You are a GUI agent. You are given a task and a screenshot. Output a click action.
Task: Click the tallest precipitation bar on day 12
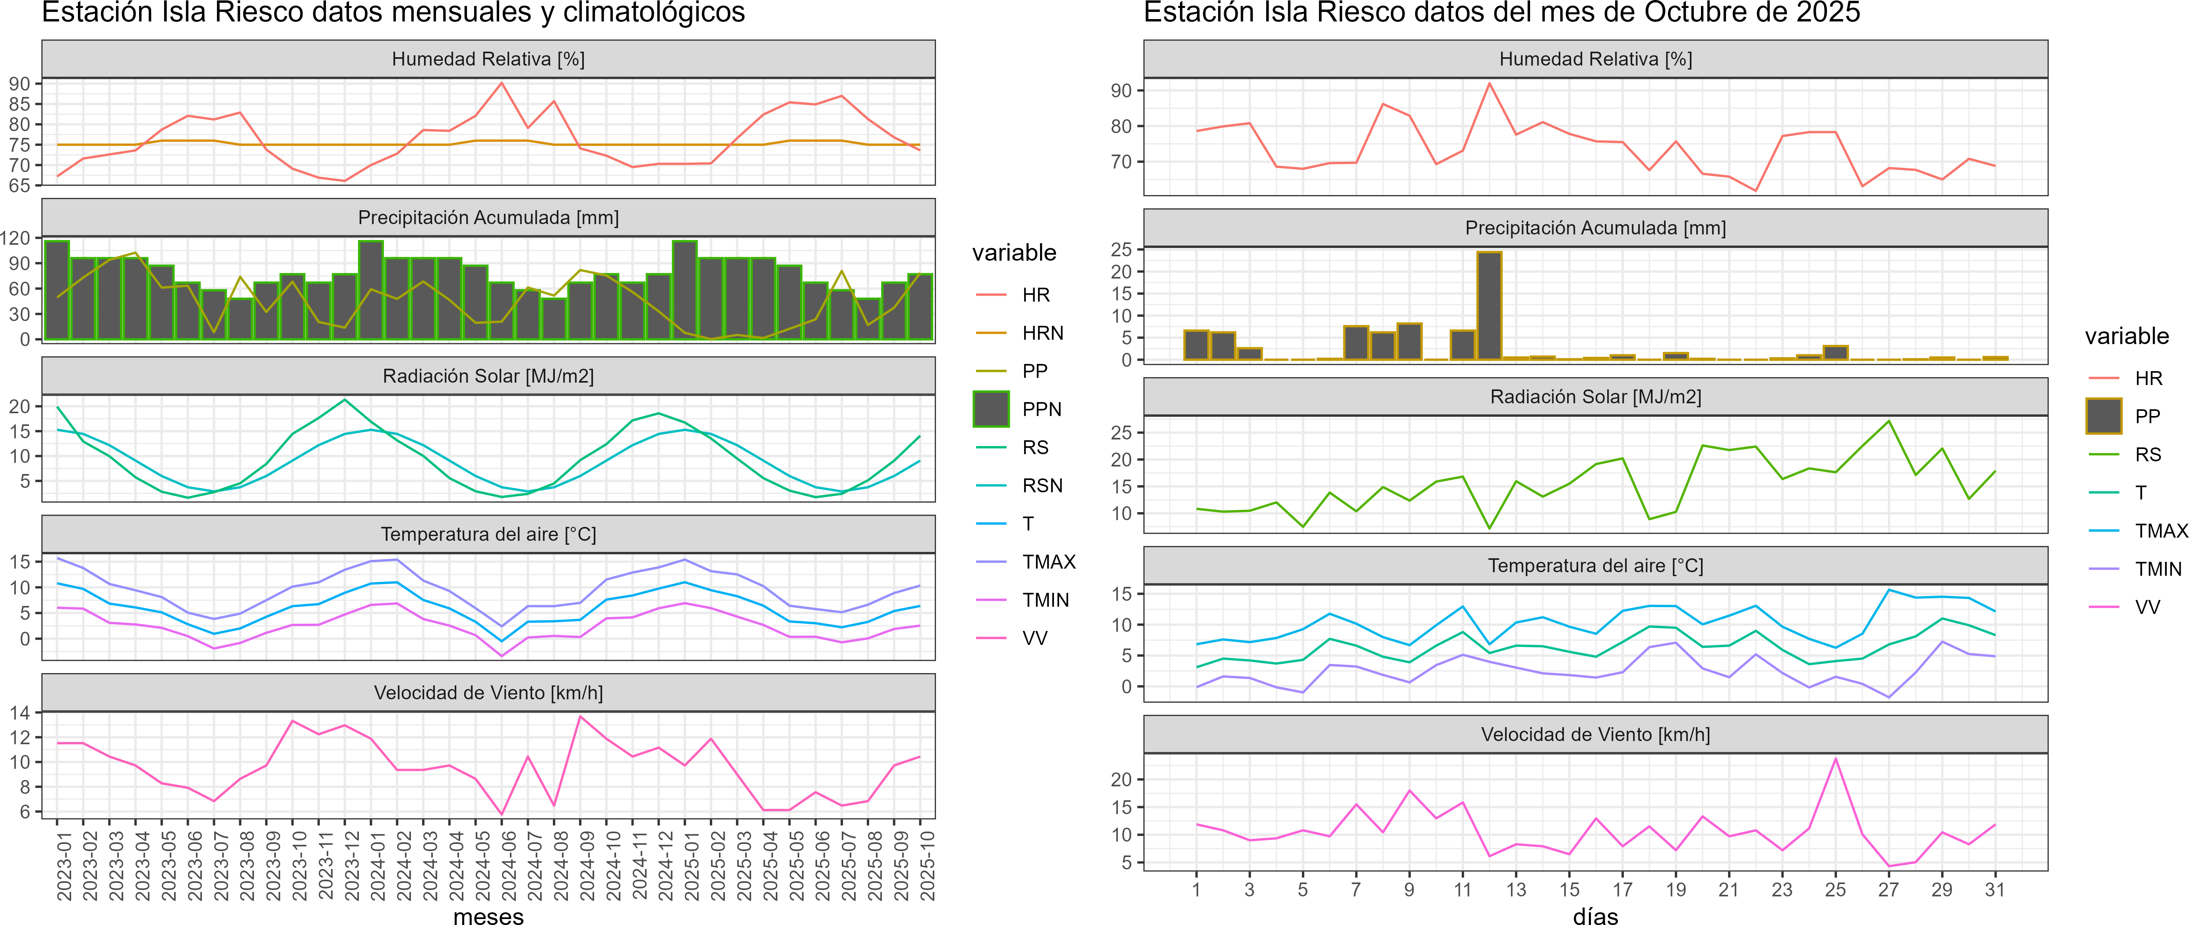[1489, 306]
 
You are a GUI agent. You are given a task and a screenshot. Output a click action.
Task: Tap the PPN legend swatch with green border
[991, 409]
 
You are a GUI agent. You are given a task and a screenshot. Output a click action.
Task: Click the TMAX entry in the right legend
[2160, 531]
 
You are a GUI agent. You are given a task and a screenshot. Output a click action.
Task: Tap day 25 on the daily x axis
[1836, 889]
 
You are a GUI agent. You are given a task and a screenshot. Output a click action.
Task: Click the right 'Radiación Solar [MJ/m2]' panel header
[1595, 397]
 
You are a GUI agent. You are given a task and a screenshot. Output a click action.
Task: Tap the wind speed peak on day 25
[1836, 759]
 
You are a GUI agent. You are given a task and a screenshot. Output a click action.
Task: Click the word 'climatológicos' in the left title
[654, 13]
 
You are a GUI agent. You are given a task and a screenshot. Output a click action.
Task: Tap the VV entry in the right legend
[2147, 607]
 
